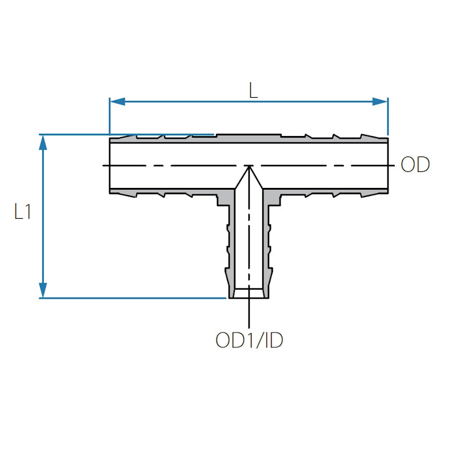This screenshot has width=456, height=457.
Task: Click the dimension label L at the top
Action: coord(253,90)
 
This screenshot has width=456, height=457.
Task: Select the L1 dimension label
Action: coord(23,213)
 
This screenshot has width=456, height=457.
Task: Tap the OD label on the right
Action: coord(415,165)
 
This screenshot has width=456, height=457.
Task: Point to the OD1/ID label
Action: coord(249,340)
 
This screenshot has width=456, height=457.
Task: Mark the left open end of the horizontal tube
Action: coord(110,166)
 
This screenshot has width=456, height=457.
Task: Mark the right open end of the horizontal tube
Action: coord(389,166)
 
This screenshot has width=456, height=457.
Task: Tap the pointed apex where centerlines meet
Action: coord(249,166)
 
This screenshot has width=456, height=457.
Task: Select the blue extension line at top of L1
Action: coord(126,135)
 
